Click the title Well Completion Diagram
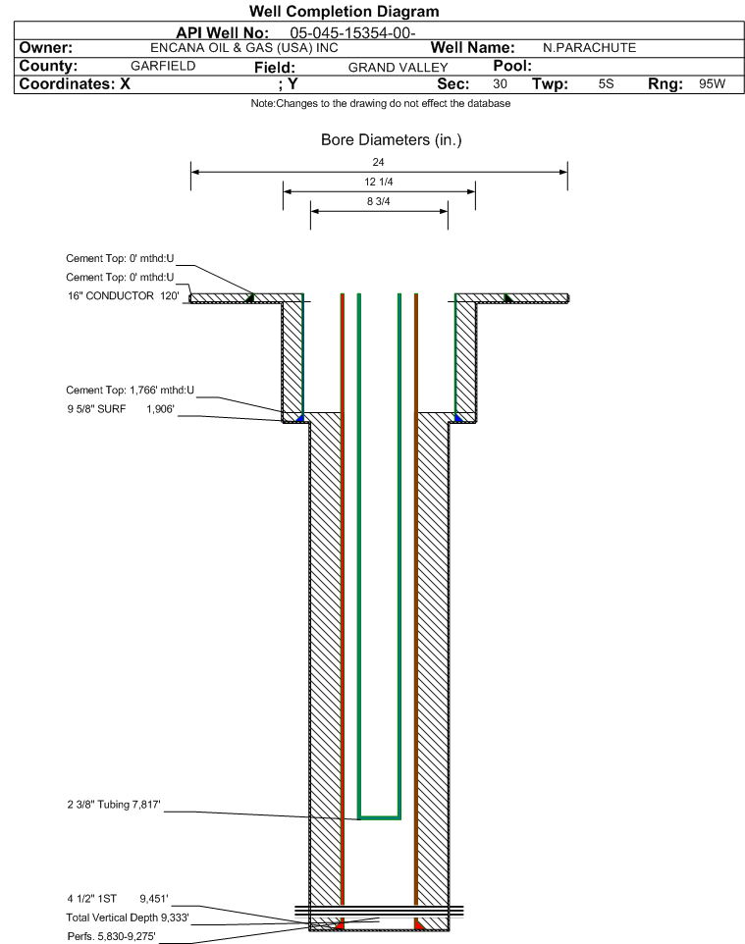pos(344,12)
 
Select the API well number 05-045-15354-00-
pos(353,33)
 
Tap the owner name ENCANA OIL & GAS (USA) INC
pos(244,48)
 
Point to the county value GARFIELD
pos(163,66)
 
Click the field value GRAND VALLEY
pos(399,68)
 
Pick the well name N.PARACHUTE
pos(590,48)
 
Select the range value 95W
pos(713,84)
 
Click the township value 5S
pos(606,84)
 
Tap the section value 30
pos(500,84)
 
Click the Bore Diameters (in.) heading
pos(392,140)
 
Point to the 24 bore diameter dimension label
pos(378,162)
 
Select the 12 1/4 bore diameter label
pos(379,182)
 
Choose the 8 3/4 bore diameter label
pos(379,202)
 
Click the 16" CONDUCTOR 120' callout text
pos(124,296)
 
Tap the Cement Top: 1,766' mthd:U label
pos(131,391)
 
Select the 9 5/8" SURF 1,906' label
pos(121,409)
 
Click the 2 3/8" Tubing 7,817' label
pos(114,805)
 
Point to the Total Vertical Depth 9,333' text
pos(128,918)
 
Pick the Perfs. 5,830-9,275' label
pos(112,937)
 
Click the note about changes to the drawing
pos(381,104)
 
